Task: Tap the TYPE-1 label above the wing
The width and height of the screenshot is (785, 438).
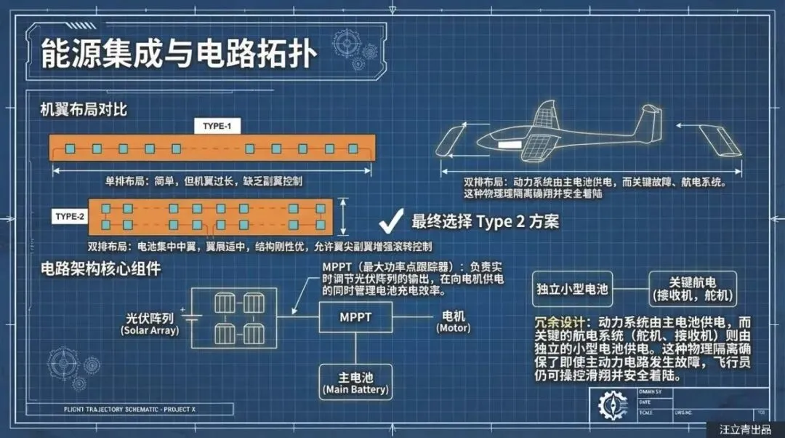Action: pyautogui.click(x=217, y=126)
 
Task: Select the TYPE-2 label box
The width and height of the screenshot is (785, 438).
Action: pyautogui.click(x=70, y=217)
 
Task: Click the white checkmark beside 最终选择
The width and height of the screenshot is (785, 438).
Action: pyautogui.click(x=392, y=220)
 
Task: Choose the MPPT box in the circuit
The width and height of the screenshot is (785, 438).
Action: pyautogui.click(x=355, y=317)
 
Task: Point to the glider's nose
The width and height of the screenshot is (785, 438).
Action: pyautogui.click(x=477, y=143)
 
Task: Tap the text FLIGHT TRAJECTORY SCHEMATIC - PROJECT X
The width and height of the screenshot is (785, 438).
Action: pyautogui.click(x=130, y=409)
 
